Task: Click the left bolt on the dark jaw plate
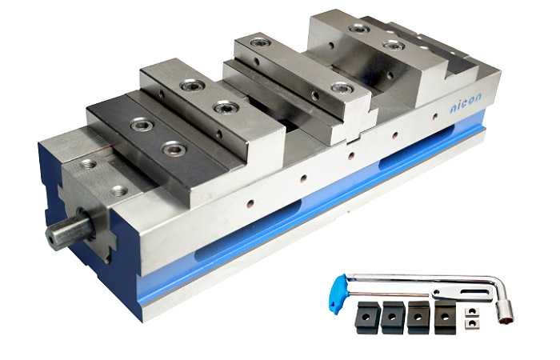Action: tap(144, 125)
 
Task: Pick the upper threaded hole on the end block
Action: tap(89, 165)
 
